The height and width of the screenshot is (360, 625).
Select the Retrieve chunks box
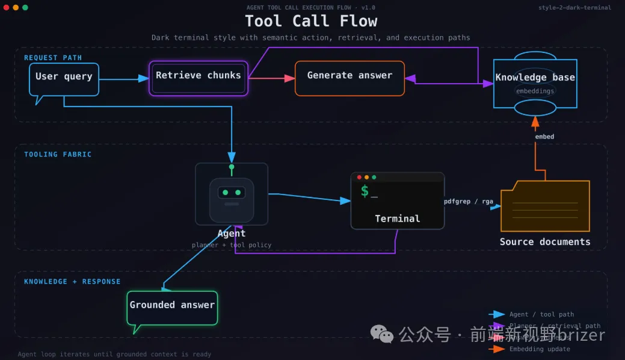(x=199, y=76)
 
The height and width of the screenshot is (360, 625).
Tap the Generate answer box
(x=349, y=76)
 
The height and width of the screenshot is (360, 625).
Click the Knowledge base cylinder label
(x=535, y=78)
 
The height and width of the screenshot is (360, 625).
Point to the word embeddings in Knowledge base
(x=535, y=91)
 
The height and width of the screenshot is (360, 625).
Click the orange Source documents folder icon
(x=545, y=206)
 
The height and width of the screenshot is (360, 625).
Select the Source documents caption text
(x=545, y=242)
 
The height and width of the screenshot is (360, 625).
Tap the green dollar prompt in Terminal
(x=365, y=191)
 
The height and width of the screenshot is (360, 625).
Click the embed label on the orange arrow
(x=544, y=137)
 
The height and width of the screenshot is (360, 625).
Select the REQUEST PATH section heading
(x=53, y=58)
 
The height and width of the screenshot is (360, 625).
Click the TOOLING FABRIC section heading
(x=58, y=155)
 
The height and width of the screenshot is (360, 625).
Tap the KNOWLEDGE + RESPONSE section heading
(x=72, y=282)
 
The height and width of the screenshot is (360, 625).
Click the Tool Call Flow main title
(x=311, y=21)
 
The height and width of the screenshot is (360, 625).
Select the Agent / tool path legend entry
(x=541, y=314)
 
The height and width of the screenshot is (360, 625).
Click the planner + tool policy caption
(x=232, y=245)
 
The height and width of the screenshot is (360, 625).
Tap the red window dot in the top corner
(x=7, y=7)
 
